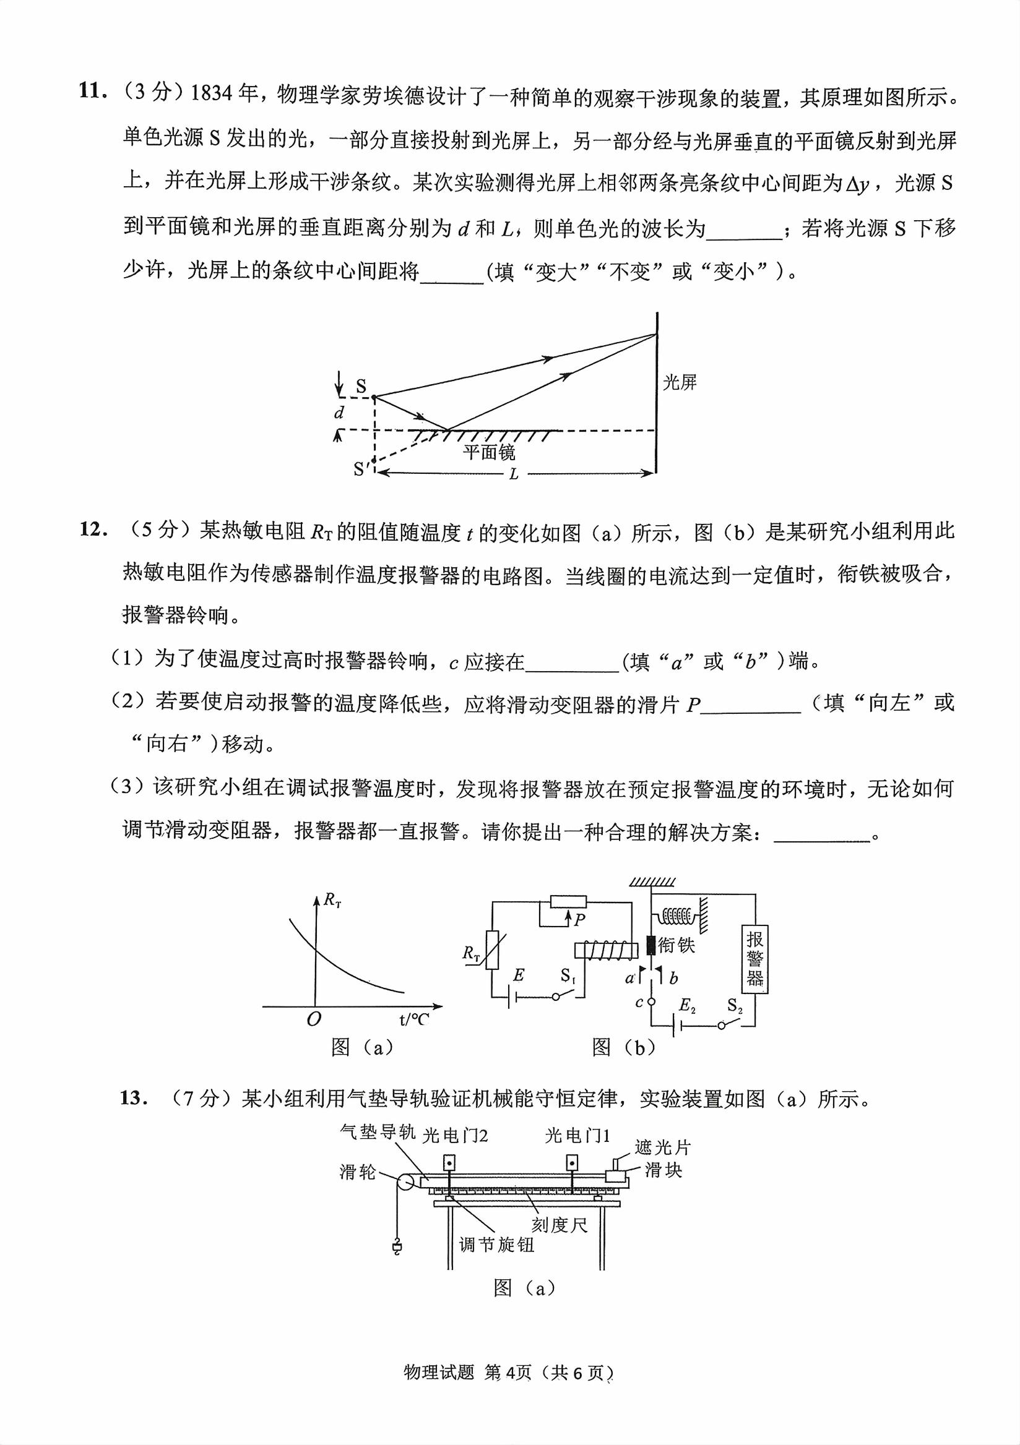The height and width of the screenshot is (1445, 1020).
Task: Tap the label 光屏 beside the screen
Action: point(680,382)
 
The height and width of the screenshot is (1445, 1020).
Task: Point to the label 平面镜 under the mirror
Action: point(489,453)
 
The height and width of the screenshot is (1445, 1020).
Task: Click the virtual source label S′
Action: point(361,469)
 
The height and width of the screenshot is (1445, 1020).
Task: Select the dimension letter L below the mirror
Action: point(514,474)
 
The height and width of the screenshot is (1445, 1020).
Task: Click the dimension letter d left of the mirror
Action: point(339,413)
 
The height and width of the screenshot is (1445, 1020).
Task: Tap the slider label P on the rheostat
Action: point(579,920)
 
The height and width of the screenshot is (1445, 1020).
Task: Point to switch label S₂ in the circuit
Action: point(735,1006)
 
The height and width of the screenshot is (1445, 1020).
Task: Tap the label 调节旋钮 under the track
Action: point(497,1244)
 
